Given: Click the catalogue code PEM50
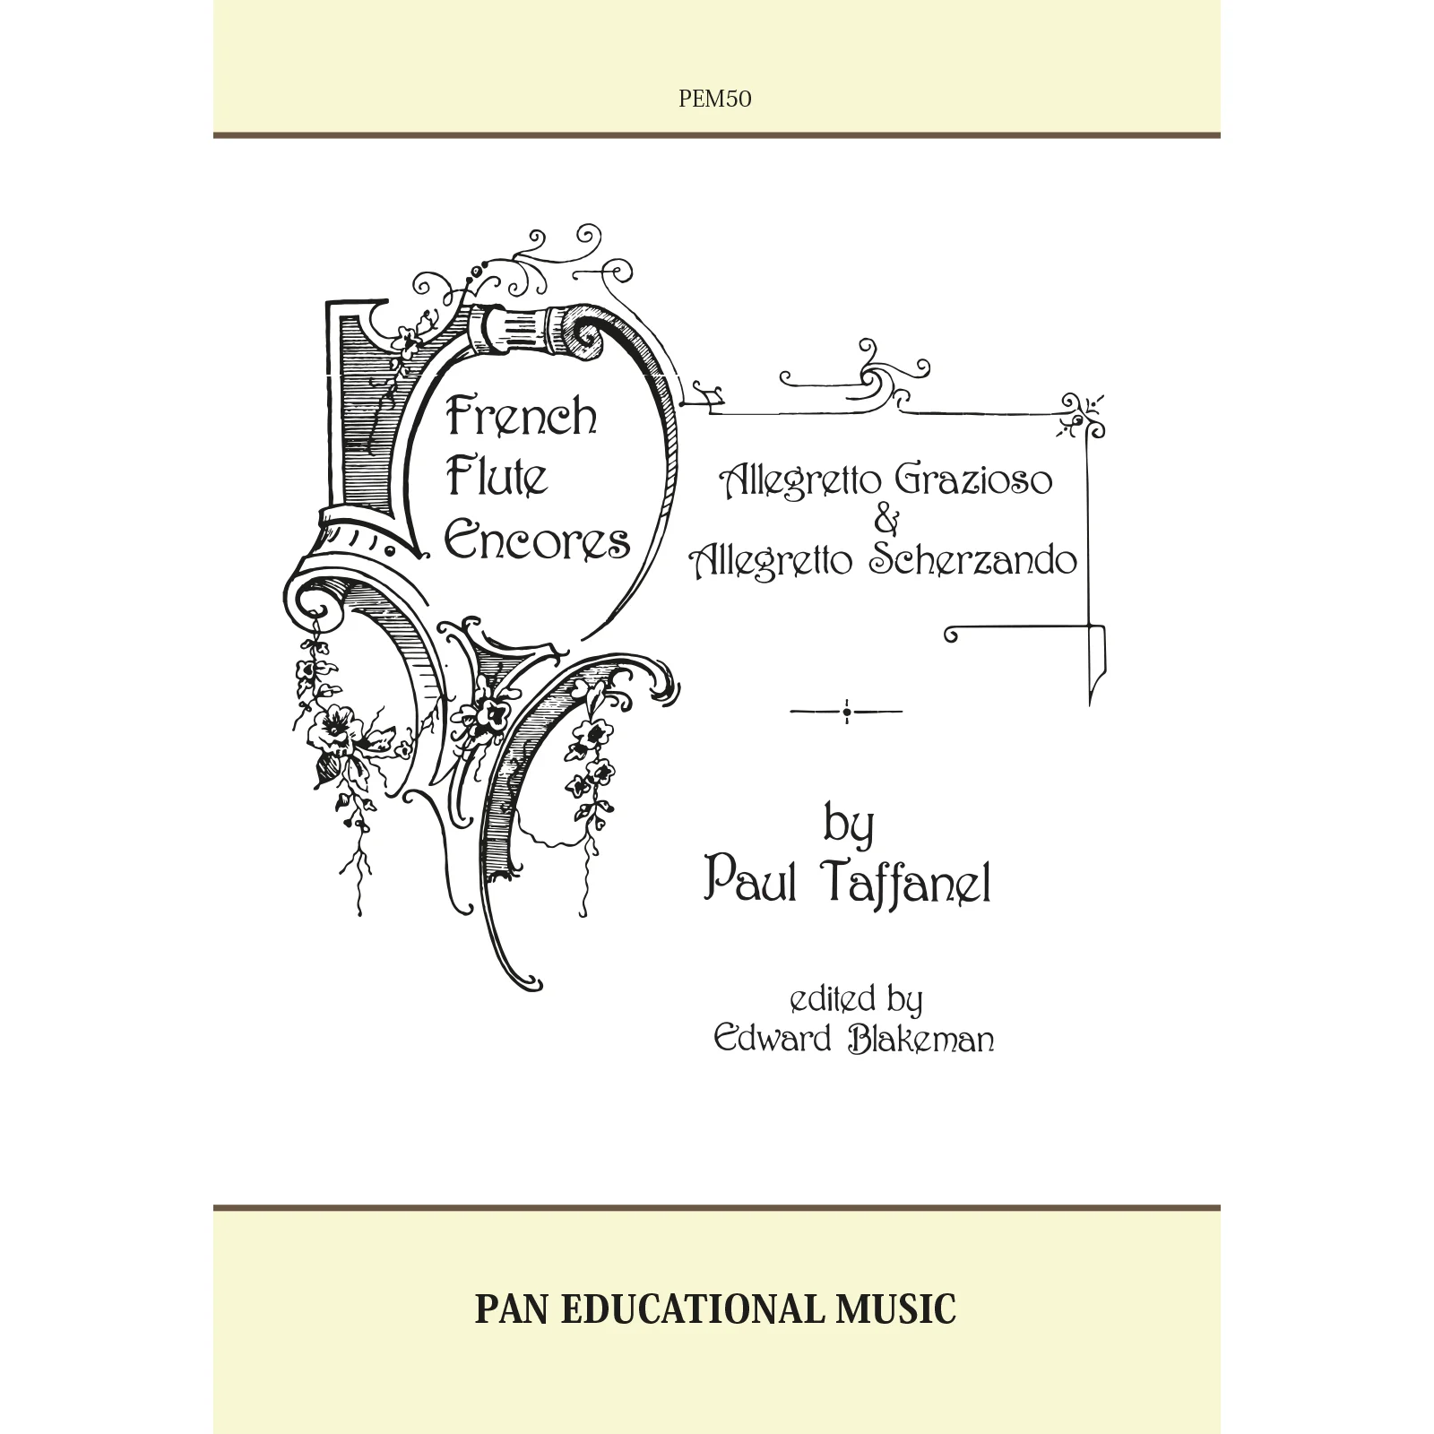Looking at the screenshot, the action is (x=715, y=99).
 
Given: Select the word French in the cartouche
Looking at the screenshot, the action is (x=522, y=417).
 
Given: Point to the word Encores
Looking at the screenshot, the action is (x=538, y=540).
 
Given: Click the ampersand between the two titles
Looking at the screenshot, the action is (x=885, y=521).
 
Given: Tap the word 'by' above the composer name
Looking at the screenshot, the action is (x=849, y=826).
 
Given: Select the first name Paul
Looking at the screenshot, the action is (x=751, y=882).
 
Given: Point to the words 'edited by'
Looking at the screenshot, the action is (x=856, y=1000).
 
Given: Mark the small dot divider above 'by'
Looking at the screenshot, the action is (x=847, y=713).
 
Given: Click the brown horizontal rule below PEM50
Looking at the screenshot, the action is (x=717, y=136).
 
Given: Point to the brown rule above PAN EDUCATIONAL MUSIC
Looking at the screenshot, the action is (x=717, y=1208).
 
